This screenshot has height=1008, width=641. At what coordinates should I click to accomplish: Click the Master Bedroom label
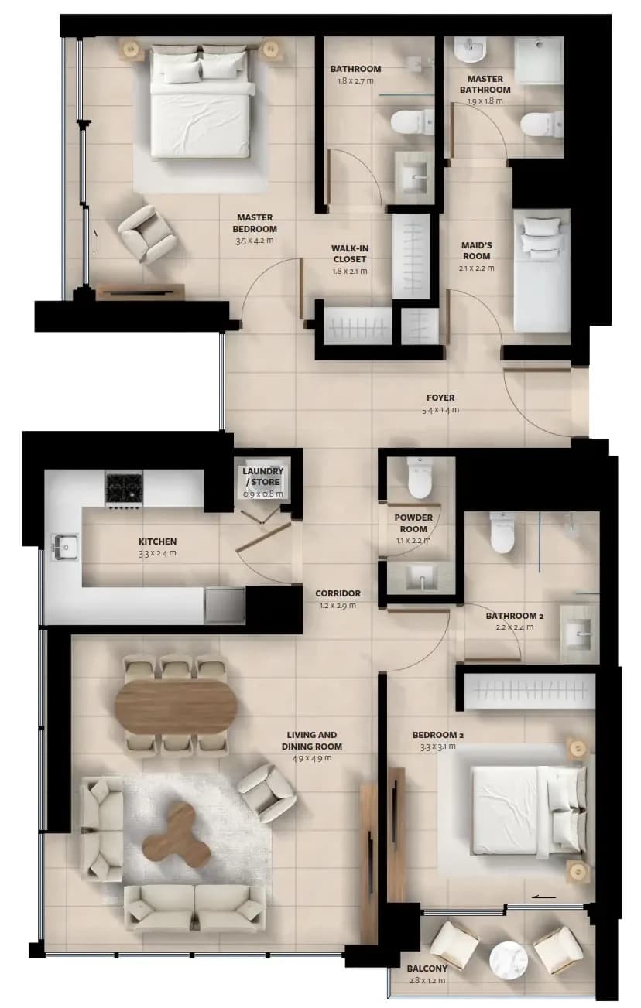pos(255,224)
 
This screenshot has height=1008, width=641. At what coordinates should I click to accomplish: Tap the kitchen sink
pos(65,547)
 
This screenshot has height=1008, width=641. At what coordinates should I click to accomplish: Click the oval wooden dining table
pos(176,707)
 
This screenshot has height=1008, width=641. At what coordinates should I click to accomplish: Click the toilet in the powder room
pos(420,478)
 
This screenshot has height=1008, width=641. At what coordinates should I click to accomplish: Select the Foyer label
pos(440,398)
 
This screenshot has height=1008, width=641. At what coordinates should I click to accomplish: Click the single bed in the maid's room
pos(543,271)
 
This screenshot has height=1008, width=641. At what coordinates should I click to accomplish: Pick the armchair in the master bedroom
pos(147,234)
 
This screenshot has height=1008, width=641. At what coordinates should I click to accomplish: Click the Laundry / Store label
pos(262,477)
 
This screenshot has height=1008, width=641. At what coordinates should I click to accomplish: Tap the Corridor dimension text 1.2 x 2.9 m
pos(338,605)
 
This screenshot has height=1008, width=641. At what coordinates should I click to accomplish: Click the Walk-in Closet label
pos(350,254)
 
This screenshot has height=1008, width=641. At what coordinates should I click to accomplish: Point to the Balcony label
pos(427,969)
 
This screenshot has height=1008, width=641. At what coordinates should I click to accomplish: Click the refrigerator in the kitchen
pos(225,605)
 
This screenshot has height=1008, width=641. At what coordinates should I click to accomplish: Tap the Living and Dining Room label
pos(312,740)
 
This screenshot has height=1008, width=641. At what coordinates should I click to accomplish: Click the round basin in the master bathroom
pos(470,49)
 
